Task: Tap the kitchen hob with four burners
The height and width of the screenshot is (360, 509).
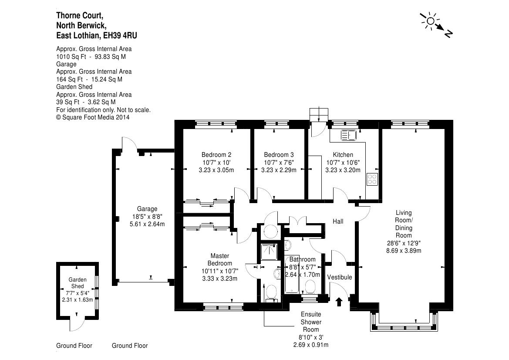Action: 372,179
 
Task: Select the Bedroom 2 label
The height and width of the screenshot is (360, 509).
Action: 216,155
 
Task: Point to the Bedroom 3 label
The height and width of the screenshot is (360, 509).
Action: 279,155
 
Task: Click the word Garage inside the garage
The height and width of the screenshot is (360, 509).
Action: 147,209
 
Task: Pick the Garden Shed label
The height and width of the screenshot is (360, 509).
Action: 77,283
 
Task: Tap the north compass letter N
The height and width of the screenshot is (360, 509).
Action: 448,34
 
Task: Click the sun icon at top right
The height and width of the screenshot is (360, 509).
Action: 431,21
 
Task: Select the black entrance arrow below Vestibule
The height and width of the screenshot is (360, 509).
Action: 339,302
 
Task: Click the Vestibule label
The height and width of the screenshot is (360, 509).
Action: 340,277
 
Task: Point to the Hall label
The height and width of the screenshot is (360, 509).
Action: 338,221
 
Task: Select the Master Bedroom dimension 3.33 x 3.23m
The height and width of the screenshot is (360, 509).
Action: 220,278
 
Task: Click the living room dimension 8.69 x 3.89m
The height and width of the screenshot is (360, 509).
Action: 404,251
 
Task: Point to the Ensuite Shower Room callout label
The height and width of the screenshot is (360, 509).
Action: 310,322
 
